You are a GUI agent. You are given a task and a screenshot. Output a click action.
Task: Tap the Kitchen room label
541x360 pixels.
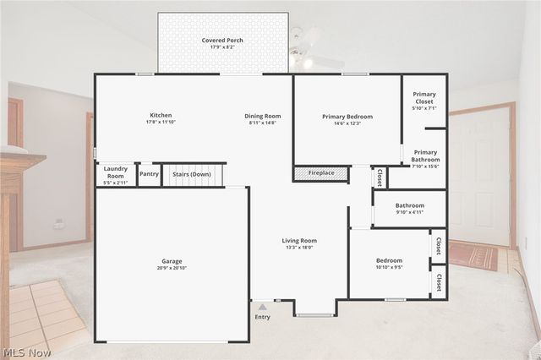161,116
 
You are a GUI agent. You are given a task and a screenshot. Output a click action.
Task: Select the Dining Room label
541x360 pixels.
263,116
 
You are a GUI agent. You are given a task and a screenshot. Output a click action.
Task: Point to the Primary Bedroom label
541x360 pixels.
347,116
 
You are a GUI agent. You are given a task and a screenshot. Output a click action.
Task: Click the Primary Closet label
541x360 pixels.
424,97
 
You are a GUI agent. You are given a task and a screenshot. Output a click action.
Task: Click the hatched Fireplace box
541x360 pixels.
320,173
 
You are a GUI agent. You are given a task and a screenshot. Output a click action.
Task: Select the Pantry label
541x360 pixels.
149,174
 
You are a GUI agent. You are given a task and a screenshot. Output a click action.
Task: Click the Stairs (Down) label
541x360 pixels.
192,174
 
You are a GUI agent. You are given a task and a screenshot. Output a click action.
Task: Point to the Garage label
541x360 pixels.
172,261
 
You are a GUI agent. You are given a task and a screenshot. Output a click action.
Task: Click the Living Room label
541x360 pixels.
299,241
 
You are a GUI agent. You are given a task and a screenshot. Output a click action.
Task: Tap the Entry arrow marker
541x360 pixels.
263,307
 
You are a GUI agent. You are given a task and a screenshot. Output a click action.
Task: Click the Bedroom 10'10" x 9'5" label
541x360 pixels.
389,260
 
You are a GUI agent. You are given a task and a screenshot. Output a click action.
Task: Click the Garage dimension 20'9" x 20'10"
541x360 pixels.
172,268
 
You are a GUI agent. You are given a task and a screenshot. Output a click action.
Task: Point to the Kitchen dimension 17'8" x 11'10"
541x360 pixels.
161,123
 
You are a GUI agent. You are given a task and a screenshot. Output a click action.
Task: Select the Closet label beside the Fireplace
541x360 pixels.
380,177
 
